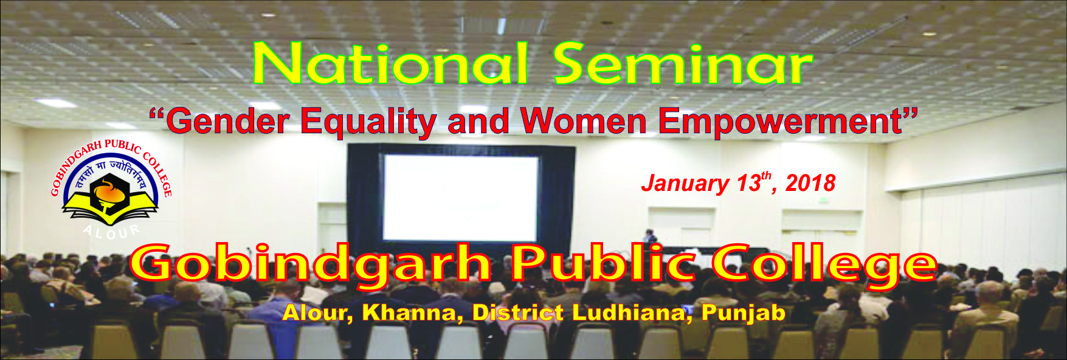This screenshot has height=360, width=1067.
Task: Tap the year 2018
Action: click(x=810, y=182)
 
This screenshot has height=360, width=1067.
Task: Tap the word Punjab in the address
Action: click(x=743, y=313)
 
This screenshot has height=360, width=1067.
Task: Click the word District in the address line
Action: click(x=517, y=313)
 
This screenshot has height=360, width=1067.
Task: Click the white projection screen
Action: click(x=460, y=198)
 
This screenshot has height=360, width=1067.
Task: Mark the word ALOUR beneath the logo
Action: click(x=111, y=232)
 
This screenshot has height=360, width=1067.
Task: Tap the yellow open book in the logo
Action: click(x=110, y=211)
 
